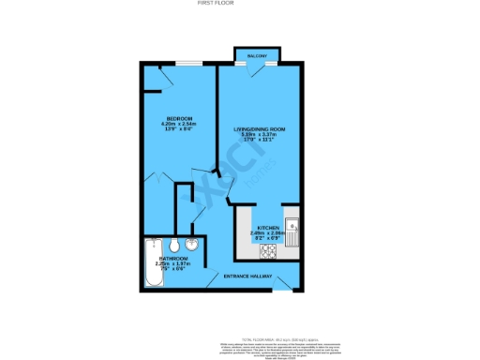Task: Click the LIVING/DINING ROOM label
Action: point(257,128)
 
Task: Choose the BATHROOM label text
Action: point(172,257)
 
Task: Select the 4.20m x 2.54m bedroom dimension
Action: point(172,124)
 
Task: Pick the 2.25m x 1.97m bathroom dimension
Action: point(172,262)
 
